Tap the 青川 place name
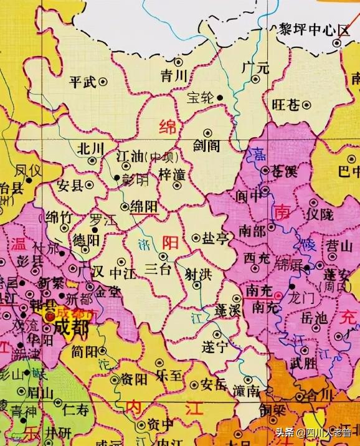tap(174, 76)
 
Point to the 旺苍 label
tap(286, 104)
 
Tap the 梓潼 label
tap(173, 174)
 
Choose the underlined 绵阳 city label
tap(144, 208)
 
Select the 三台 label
tap(158, 269)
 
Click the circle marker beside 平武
tap(103, 80)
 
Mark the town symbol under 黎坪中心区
tap(337, 43)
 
